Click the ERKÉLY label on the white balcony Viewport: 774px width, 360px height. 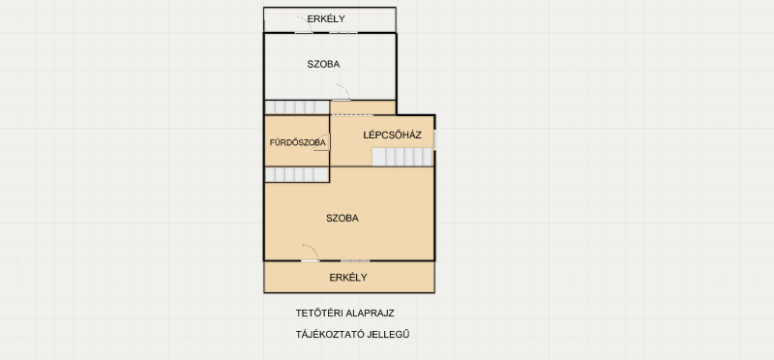tap(326, 19)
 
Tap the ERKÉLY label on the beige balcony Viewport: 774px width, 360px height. tap(348, 278)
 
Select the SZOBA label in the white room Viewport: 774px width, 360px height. tap(323, 64)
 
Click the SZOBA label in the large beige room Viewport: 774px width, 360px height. tap(342, 219)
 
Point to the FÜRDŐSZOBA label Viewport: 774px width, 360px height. tap(298, 142)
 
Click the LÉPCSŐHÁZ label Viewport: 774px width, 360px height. tap(393, 135)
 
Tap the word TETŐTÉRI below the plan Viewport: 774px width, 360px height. tap(313, 314)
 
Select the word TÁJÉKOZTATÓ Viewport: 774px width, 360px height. tap(327, 334)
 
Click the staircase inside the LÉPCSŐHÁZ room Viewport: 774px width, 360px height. tap(402, 157)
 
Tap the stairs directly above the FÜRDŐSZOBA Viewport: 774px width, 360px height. tap(297, 107)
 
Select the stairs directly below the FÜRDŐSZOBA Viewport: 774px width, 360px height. tap(297, 174)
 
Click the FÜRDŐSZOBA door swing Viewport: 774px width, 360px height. tap(322, 142)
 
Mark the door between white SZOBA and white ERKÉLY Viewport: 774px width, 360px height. tap(304, 25)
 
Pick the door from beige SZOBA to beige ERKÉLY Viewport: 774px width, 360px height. tap(310, 253)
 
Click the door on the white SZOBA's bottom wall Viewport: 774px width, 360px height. tap(342, 92)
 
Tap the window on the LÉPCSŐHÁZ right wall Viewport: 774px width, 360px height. tap(434, 139)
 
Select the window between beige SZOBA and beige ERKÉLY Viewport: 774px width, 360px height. tap(355, 260)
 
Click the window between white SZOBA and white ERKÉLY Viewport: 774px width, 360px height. tap(343, 33)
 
